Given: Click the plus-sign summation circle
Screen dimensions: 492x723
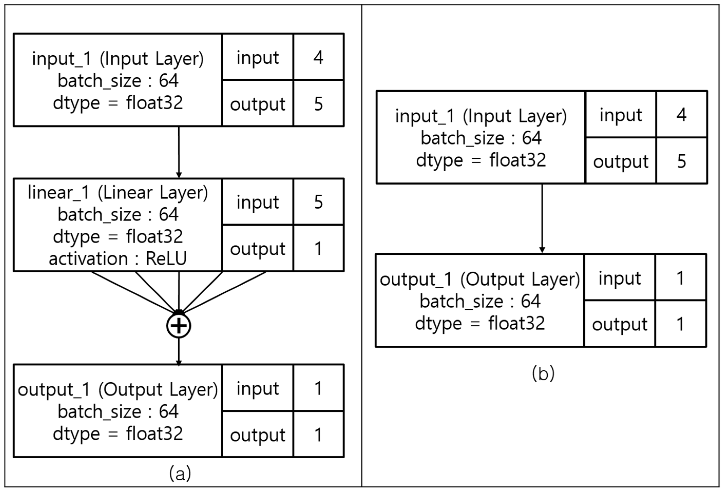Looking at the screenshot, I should [x=179, y=326].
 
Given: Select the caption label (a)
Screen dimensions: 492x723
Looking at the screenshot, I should [x=180, y=474].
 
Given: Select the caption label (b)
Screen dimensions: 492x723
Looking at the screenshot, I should [x=543, y=373].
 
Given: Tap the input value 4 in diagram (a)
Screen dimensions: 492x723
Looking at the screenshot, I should [x=318, y=57].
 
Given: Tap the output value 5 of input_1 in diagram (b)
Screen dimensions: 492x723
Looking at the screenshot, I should [x=681, y=161].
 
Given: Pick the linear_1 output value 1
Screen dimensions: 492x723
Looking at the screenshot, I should [x=318, y=248].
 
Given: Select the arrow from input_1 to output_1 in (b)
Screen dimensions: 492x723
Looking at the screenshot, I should [x=542, y=218].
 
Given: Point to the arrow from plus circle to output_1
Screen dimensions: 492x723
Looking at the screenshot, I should [x=179, y=351].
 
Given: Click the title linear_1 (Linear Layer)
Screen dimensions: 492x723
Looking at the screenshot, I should [x=118, y=192].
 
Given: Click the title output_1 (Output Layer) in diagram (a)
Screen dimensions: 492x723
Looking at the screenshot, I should [x=118, y=389].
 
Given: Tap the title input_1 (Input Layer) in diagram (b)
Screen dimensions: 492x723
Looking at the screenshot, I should [x=481, y=116].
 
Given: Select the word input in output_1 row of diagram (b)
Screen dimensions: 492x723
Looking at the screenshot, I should [x=620, y=278].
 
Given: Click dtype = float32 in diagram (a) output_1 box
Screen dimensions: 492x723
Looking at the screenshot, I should [x=118, y=433].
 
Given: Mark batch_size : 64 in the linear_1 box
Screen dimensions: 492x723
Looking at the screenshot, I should [x=118, y=214].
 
